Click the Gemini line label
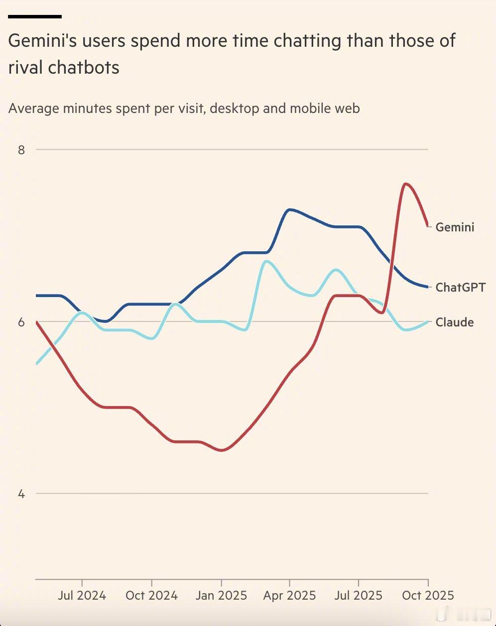click(x=455, y=227)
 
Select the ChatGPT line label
click(x=460, y=287)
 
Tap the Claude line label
click(x=454, y=322)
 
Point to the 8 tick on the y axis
click(x=21, y=149)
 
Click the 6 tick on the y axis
click(x=21, y=322)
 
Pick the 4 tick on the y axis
click(x=21, y=494)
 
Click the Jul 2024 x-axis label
click(x=82, y=595)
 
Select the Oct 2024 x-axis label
click(x=151, y=595)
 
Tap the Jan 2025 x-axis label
click(x=221, y=595)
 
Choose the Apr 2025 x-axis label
click(x=290, y=595)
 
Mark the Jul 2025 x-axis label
click(x=359, y=595)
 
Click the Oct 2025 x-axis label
click(x=428, y=595)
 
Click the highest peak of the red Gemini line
click(x=406, y=184)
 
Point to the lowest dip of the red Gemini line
click(x=222, y=450)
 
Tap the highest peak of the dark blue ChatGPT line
click(x=289, y=209)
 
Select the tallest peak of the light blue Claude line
click(x=266, y=261)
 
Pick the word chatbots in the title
click(x=84, y=67)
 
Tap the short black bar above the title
click(x=35, y=16)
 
